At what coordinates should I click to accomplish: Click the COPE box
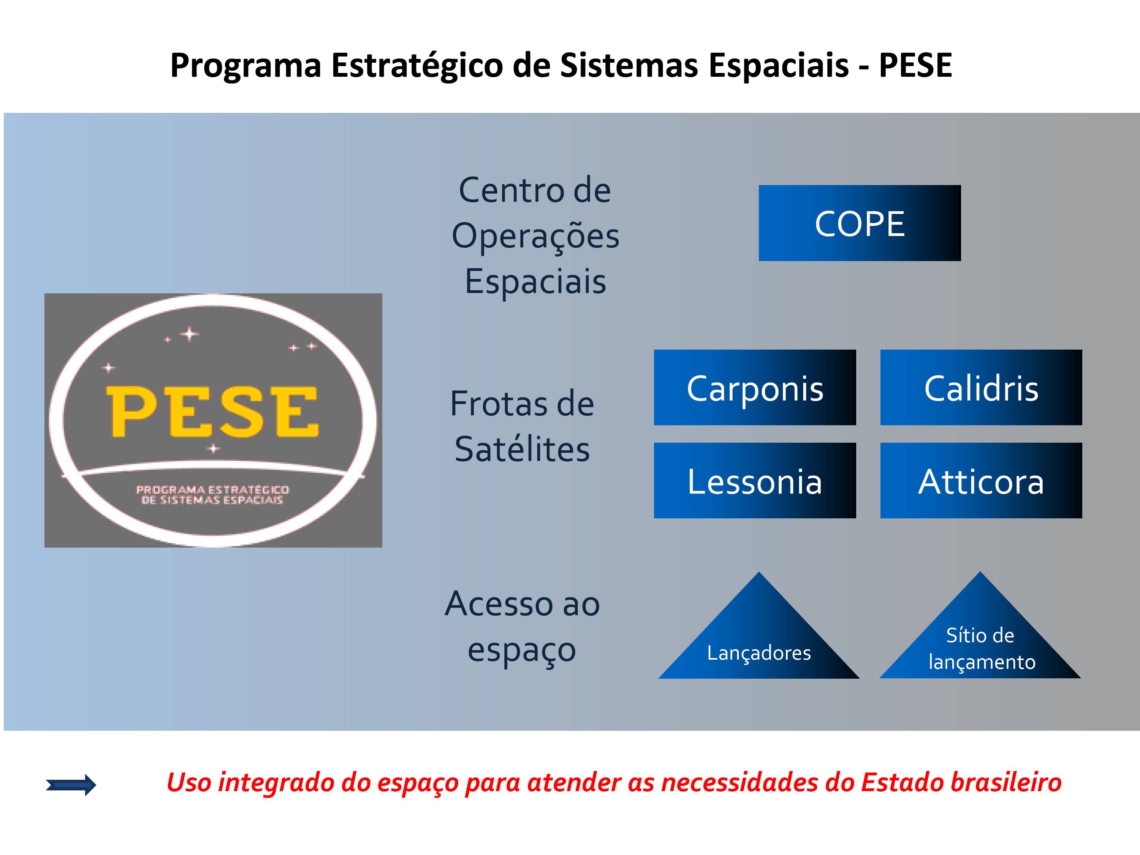[860, 223]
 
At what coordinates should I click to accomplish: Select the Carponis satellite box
[755, 388]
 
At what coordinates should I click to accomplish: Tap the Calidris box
[981, 388]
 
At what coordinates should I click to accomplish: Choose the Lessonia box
[755, 480]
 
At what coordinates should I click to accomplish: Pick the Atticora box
[981, 480]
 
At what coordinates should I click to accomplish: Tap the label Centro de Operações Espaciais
[535, 236]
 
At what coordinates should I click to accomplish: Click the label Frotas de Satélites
[522, 426]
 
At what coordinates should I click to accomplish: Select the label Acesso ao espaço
[522, 627]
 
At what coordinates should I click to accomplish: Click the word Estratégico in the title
[417, 66]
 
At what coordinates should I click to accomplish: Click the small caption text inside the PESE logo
[212, 495]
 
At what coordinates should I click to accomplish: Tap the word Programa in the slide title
[246, 66]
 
